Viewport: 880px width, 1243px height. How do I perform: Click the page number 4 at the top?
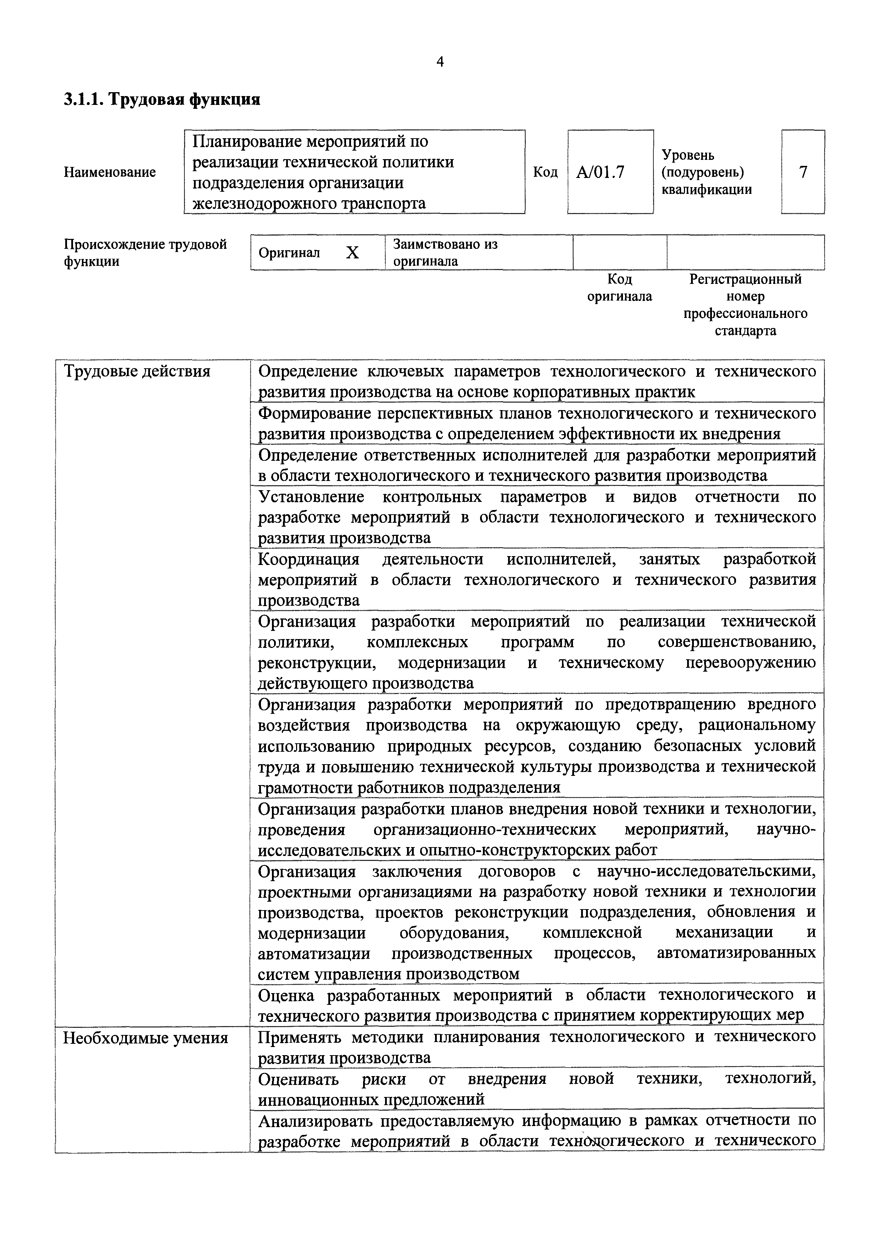point(440,62)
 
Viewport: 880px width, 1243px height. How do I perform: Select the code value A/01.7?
point(600,172)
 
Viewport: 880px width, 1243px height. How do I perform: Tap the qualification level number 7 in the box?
point(803,172)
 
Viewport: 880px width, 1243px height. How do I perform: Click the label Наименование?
point(110,172)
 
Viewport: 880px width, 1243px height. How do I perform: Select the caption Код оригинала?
point(619,287)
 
